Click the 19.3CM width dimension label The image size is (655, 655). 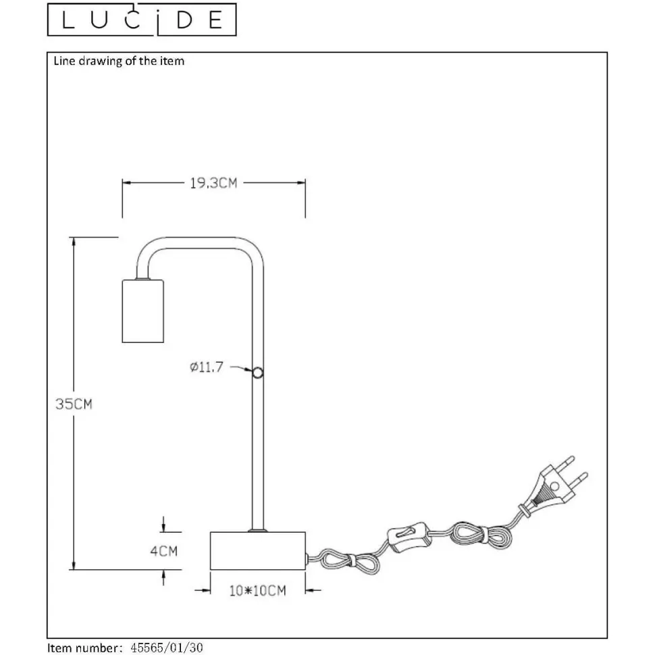[x=213, y=183]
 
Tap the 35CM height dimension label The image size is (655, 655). [x=74, y=404]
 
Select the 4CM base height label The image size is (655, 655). [x=163, y=551]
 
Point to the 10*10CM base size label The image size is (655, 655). [x=258, y=590]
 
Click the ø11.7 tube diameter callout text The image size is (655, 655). [x=207, y=367]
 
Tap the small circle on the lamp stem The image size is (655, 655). [x=258, y=372]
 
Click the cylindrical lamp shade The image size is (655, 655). [x=142, y=311]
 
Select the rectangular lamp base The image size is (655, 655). [x=258, y=550]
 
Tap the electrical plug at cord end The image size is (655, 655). [x=554, y=487]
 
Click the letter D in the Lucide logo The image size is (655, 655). [x=184, y=20]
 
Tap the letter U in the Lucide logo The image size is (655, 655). [x=99, y=20]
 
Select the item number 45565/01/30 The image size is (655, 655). [x=167, y=648]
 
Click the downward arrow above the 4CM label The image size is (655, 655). [x=163, y=524]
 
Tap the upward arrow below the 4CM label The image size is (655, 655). [x=163, y=578]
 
